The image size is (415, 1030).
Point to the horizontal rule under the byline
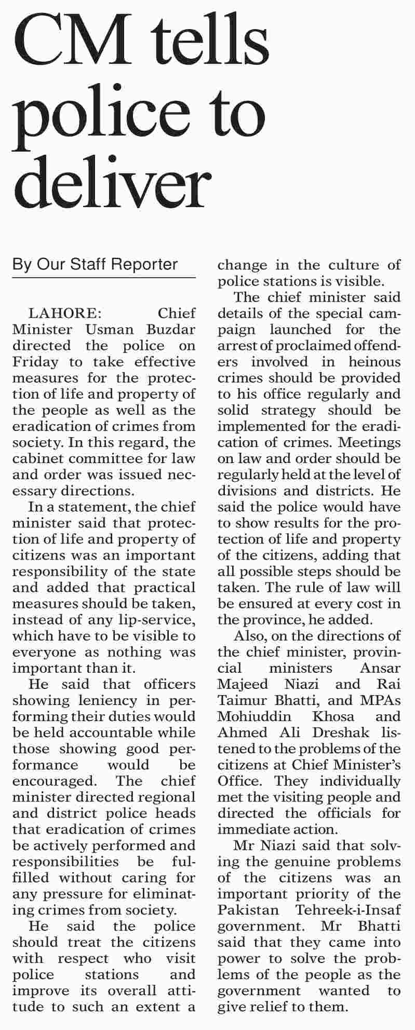click(x=104, y=278)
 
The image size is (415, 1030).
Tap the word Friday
click(x=31, y=362)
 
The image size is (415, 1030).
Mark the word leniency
click(x=96, y=700)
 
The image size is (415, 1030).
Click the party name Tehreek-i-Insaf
click(x=348, y=910)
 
